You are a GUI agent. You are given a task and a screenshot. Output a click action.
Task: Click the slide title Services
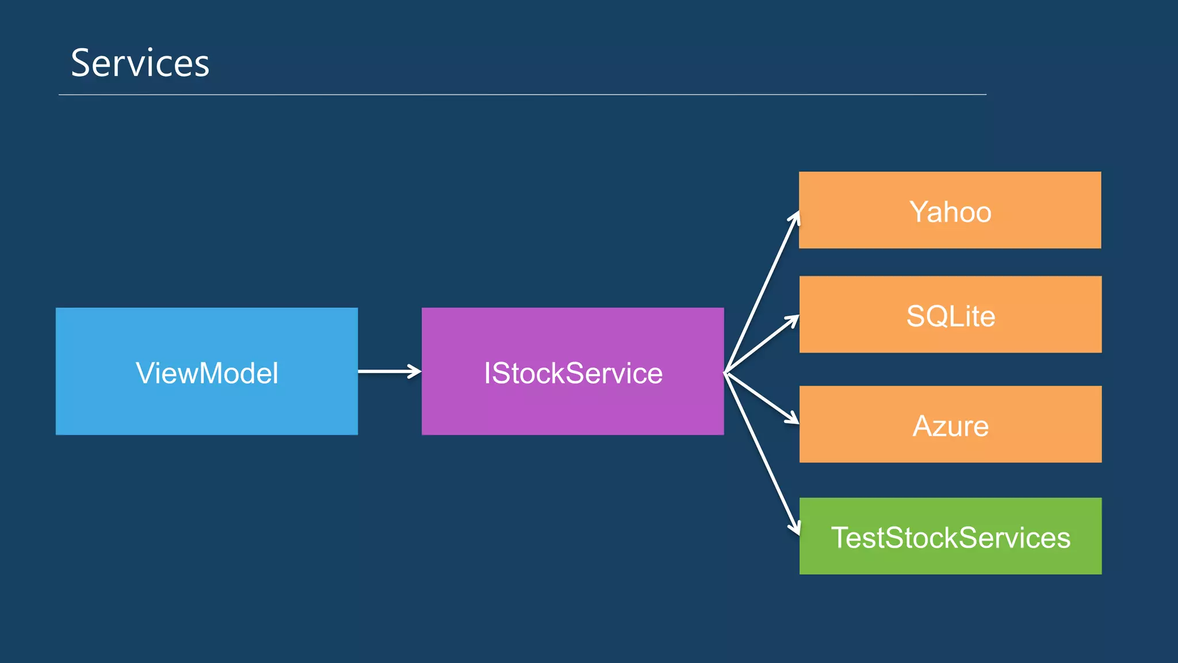click(x=140, y=63)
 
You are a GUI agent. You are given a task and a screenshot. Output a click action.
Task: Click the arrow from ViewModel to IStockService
click(x=389, y=371)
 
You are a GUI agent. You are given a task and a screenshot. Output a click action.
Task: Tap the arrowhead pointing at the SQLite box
click(x=794, y=319)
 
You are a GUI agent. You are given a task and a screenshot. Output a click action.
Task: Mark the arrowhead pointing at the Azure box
click(x=793, y=419)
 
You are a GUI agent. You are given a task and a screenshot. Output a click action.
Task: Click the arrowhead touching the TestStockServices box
click(x=795, y=527)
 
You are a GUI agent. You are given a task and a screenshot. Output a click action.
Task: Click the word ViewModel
click(x=207, y=373)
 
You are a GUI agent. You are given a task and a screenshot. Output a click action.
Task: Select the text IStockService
click(x=573, y=373)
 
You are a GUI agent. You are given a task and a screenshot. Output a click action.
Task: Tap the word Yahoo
click(x=950, y=212)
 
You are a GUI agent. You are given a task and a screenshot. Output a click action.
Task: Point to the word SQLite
click(x=950, y=316)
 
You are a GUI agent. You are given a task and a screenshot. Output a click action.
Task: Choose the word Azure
click(x=950, y=426)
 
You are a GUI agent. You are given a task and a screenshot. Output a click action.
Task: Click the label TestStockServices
click(x=950, y=538)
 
